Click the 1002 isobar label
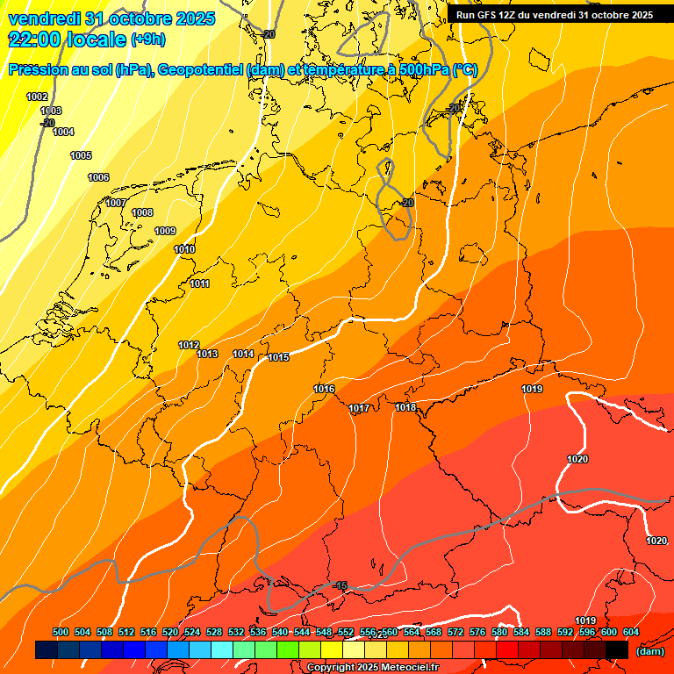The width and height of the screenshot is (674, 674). tap(37, 97)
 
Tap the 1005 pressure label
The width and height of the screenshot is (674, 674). tap(81, 155)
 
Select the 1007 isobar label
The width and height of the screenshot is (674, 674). tap(116, 203)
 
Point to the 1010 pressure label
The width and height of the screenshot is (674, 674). tap(184, 249)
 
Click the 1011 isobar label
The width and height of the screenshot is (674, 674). tap(200, 283)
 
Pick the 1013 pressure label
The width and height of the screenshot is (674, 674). tap(207, 354)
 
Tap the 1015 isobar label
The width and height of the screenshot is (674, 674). tap(279, 357)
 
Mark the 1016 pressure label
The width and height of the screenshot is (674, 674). tap(324, 388)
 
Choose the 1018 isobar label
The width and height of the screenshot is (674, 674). tap(405, 407)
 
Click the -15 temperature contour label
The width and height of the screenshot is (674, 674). tap(341, 585)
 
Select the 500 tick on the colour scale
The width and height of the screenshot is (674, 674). tap(61, 632)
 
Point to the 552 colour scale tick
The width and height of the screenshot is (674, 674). tap(346, 632)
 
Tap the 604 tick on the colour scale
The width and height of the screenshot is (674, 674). tap(631, 632)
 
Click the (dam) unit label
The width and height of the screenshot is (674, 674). tap(649, 650)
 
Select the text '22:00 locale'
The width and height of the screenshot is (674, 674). tap(67, 39)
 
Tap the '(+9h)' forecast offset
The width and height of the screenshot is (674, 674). tap(146, 39)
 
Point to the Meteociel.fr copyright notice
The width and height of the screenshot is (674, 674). tap(373, 667)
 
